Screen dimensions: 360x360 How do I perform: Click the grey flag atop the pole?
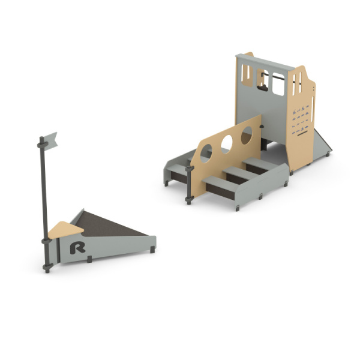click(x=50, y=141)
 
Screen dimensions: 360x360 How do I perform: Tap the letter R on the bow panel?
click(x=77, y=247)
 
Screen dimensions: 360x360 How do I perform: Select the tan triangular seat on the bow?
click(x=65, y=230)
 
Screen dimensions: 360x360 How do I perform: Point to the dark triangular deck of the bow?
click(x=108, y=225)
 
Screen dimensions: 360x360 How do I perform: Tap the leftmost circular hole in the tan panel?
click(x=206, y=154)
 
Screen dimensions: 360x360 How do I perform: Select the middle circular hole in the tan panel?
click(x=227, y=144)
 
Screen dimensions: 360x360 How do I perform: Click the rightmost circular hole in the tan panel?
click(x=247, y=136)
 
